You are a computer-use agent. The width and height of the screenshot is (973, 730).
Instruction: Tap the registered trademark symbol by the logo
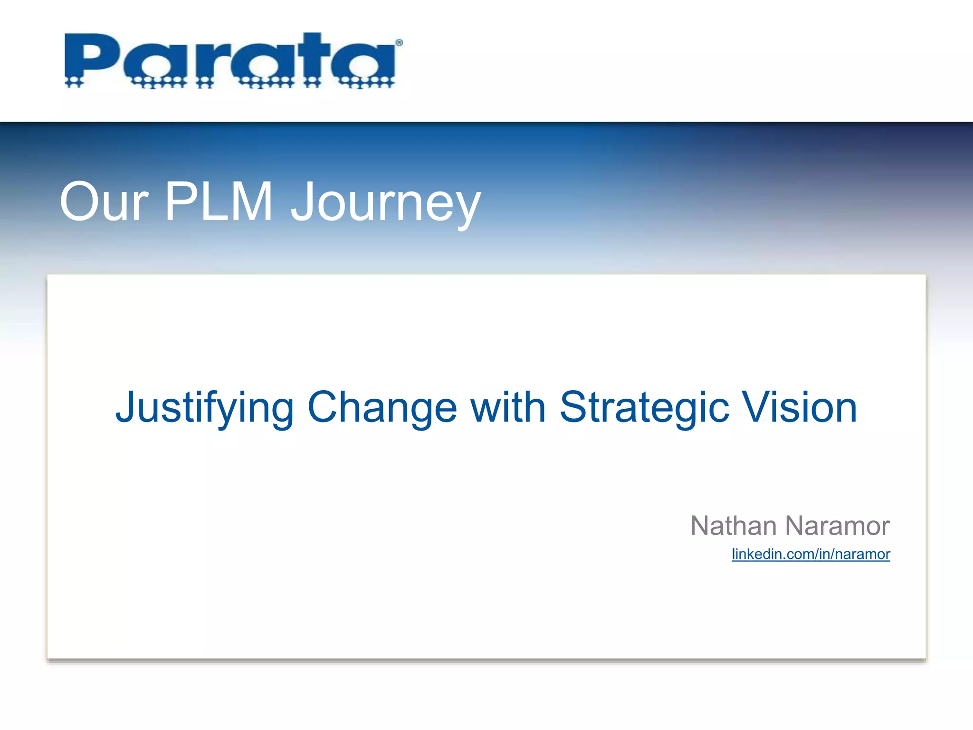[x=399, y=43]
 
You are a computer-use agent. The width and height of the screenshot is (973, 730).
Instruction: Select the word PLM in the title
[x=219, y=202]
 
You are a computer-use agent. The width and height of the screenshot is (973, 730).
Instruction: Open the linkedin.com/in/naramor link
[x=811, y=554]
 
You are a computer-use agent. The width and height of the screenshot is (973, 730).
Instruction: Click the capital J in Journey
[x=304, y=202]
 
